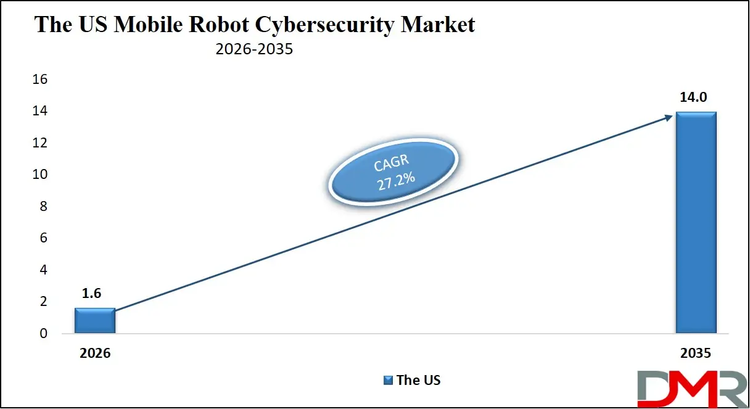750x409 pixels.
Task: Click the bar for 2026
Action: coord(94,320)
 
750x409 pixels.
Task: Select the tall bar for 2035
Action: coord(696,222)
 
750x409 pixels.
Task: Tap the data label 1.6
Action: coord(91,294)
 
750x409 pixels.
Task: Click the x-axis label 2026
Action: coord(95,353)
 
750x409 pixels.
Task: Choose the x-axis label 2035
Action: coord(695,353)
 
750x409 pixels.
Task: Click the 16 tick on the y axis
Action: coord(40,80)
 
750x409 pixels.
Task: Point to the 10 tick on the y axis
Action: coord(40,175)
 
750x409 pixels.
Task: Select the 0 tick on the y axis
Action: coord(43,334)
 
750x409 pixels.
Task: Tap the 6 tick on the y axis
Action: coord(43,238)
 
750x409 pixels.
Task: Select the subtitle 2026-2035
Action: coord(254,49)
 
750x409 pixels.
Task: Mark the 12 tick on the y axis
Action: coord(40,143)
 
